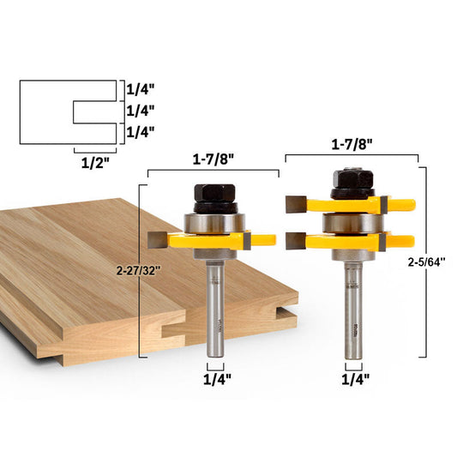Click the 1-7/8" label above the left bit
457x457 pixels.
tap(213, 159)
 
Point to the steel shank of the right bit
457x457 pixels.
tap(352, 309)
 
